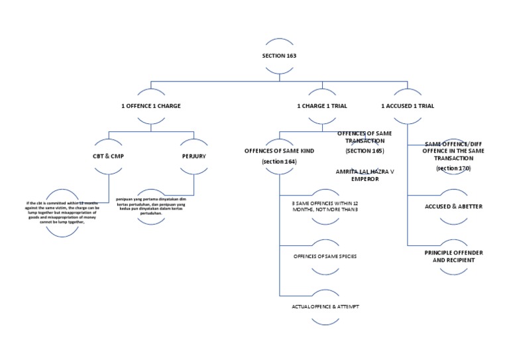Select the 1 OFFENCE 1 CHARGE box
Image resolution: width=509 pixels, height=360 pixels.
click(x=150, y=105)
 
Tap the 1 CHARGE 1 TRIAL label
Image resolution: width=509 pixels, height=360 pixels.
click(x=321, y=105)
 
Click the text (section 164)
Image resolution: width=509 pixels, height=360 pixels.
click(x=279, y=162)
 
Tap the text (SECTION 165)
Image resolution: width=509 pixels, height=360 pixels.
click(x=365, y=151)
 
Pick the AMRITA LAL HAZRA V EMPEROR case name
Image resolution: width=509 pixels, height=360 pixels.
click(x=365, y=174)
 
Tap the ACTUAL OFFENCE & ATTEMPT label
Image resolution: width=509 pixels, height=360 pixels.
click(x=321, y=306)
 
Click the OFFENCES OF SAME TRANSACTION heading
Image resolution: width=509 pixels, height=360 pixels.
click(x=365, y=137)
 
